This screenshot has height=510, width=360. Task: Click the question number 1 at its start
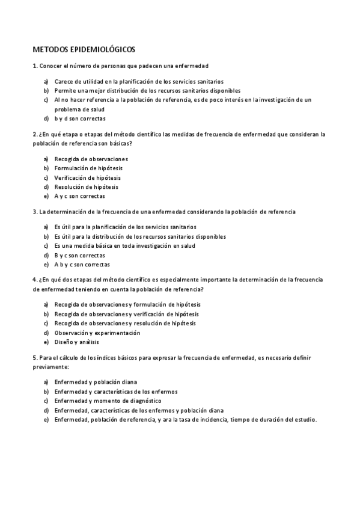tap(34, 65)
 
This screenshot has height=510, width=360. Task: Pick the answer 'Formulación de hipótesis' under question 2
tap(87, 168)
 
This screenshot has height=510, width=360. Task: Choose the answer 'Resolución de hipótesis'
tap(86, 187)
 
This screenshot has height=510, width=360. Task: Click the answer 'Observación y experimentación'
tap(97, 333)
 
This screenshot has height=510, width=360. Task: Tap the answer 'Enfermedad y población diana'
tap(95, 382)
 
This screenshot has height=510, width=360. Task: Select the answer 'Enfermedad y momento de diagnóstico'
tap(108, 401)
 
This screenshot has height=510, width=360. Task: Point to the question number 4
tap(34, 280)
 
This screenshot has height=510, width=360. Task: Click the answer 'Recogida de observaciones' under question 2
tap(91, 159)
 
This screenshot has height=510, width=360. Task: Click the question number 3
tap(34, 212)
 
